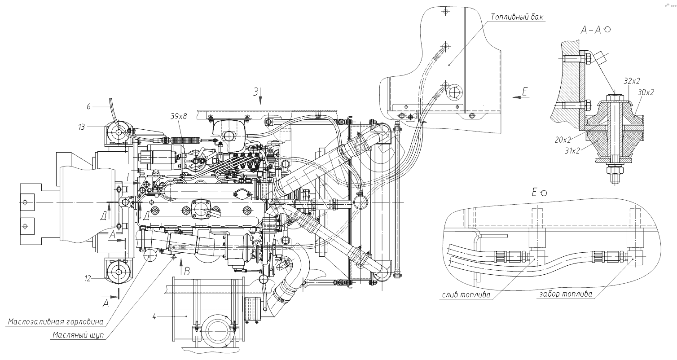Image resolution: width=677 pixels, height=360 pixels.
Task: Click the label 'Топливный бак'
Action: click(517, 17)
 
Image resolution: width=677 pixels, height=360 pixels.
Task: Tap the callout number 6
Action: click(89, 106)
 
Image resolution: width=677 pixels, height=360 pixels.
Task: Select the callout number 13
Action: click(81, 127)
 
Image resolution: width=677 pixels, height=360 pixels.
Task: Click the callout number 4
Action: click(154, 317)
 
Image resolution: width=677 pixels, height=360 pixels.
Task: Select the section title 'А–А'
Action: click(591, 30)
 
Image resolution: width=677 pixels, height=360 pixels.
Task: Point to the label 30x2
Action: click(646, 92)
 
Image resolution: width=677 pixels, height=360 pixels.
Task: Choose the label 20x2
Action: click(563, 140)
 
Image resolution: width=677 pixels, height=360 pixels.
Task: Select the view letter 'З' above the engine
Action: click(256, 92)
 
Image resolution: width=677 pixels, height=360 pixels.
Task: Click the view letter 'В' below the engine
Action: click(188, 270)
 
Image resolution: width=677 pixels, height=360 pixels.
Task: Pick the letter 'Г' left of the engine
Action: click(129, 179)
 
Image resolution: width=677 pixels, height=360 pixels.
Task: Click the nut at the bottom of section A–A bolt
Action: click(615, 170)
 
